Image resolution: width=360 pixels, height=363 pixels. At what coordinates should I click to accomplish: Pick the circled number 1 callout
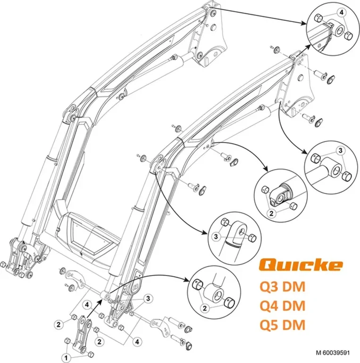click(x=66, y=351)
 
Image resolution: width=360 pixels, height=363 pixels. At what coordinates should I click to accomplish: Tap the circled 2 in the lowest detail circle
click(x=204, y=309)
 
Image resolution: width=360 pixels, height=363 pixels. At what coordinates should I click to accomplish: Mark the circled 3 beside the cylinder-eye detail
click(x=217, y=236)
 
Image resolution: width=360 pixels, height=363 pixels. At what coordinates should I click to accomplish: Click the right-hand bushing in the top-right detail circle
click(x=350, y=35)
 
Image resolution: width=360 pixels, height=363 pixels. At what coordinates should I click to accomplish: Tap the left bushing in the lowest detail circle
click(x=197, y=285)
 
